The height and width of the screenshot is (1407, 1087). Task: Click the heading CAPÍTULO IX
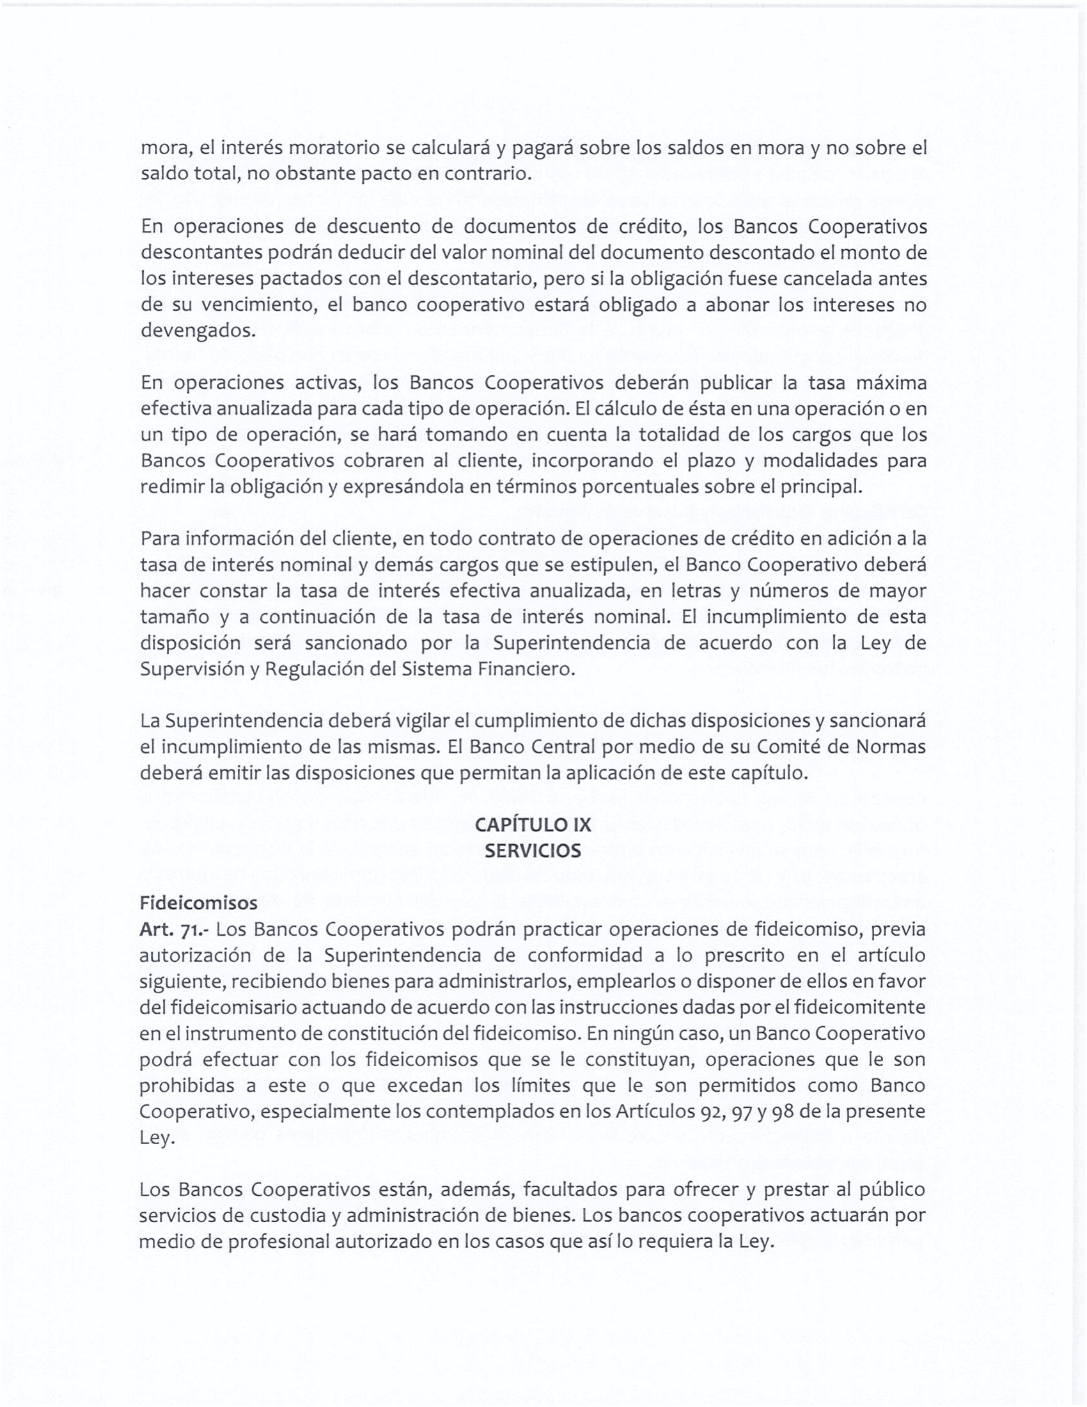coord(533,824)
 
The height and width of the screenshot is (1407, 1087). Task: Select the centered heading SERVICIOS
coord(533,851)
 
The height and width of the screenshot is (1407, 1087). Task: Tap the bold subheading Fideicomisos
coord(198,903)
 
